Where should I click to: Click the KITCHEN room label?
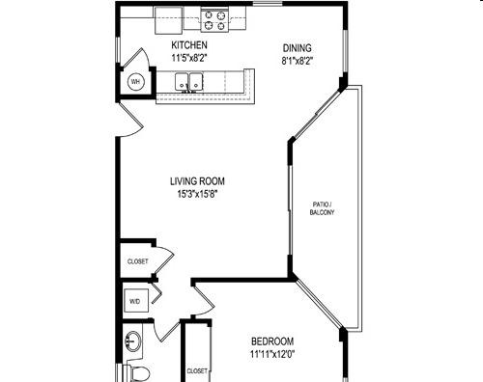[189, 44]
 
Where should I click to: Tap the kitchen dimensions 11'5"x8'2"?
[189, 58]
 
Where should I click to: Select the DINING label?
[298, 48]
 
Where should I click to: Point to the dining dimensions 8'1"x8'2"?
[298, 61]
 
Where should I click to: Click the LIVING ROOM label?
[197, 181]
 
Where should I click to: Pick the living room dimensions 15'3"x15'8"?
[197, 194]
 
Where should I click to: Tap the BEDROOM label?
[272, 341]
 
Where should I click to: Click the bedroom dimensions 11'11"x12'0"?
[272, 354]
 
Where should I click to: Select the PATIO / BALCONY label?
[322, 208]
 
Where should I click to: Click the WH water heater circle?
[135, 82]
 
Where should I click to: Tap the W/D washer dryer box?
[136, 301]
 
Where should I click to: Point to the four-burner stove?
[214, 20]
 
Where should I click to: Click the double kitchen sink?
[189, 82]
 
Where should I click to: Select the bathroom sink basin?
[132, 341]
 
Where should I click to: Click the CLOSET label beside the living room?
[138, 261]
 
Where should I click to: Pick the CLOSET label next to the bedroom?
[197, 371]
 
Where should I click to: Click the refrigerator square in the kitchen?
[169, 20]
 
